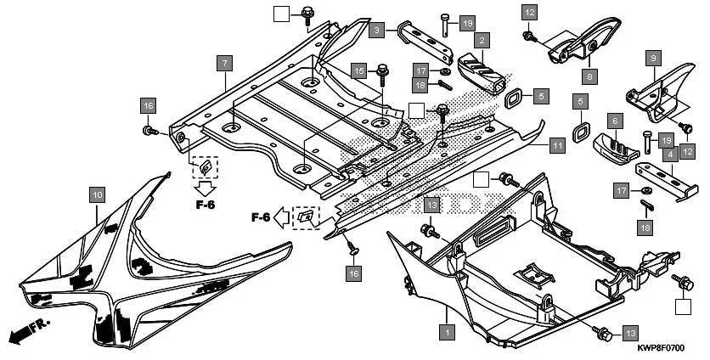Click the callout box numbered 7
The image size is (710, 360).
tap(224, 64)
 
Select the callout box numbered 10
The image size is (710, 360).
tap(96, 195)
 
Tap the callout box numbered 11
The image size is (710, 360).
tap(556, 145)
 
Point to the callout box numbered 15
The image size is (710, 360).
tap(358, 71)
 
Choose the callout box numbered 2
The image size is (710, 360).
tap(482, 40)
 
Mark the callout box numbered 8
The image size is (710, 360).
tap(590, 76)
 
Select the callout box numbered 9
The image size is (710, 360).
tap(652, 58)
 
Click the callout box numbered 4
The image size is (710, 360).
tap(670, 155)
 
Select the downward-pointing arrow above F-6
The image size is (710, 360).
tap(204, 187)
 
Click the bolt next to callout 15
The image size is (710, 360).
tap(381, 73)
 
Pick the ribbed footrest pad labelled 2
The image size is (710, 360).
tap(484, 71)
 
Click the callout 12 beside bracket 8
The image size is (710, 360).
tap(529, 13)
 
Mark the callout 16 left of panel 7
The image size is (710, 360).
tap(149, 105)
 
